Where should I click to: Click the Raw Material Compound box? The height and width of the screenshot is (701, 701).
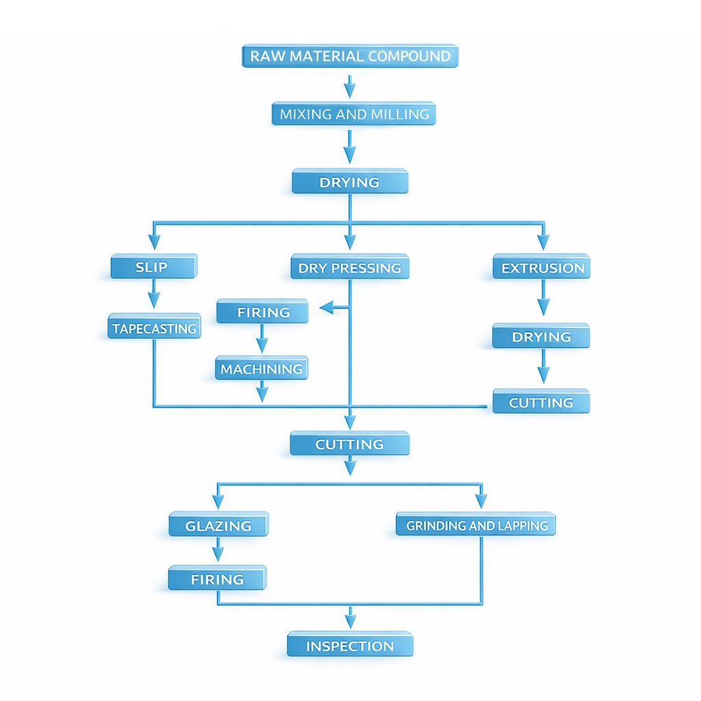[350, 56]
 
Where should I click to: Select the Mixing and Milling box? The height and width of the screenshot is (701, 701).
[353, 114]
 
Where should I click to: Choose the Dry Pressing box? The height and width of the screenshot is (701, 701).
[350, 268]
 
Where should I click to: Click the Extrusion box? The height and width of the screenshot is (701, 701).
[541, 268]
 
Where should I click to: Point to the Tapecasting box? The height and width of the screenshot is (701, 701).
[154, 328]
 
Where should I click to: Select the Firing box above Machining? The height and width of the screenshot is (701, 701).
[263, 312]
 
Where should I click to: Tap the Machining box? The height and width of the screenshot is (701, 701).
[262, 369]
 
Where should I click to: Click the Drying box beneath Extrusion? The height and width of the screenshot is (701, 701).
[541, 337]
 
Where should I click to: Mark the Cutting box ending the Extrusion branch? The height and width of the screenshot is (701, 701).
[541, 403]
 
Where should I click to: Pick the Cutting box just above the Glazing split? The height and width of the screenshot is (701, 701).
[349, 444]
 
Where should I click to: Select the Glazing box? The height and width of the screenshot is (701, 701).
[218, 526]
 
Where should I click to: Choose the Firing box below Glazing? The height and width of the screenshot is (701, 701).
[217, 579]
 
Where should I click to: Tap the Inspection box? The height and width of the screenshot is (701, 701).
[350, 646]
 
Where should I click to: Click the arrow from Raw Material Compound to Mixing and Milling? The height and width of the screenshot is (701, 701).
[350, 86]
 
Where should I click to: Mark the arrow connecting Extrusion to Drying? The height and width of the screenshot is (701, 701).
[543, 298]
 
